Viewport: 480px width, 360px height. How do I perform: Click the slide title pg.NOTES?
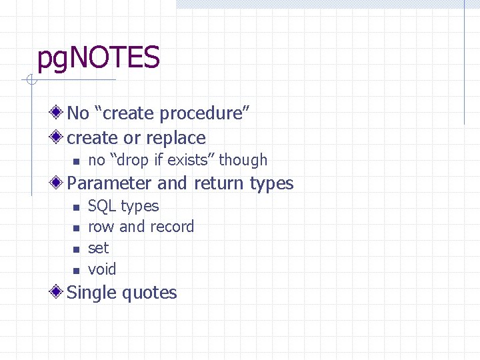tap(98, 59)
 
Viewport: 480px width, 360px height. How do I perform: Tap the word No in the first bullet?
tap(78, 113)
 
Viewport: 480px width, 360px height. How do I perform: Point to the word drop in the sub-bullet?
tap(137, 161)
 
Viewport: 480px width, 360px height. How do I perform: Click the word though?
tap(243, 161)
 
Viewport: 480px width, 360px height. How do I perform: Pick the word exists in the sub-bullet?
tap(190, 161)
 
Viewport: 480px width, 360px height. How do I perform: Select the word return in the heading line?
tap(217, 183)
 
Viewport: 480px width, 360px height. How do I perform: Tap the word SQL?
tap(102, 206)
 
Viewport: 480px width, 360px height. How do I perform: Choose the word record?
tap(171, 227)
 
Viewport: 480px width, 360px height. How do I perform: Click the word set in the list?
tap(98, 249)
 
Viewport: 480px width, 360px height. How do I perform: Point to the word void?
tap(102, 269)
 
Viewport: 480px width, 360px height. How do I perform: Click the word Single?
tap(93, 293)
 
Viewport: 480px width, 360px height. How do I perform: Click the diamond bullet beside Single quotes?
tap(59, 291)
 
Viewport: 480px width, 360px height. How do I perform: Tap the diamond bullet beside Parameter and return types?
tap(59, 182)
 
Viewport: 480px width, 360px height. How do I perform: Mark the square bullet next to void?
tap(76, 271)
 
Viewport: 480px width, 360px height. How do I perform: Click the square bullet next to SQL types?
tap(76, 207)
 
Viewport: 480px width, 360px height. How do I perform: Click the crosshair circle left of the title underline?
tap(30, 81)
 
